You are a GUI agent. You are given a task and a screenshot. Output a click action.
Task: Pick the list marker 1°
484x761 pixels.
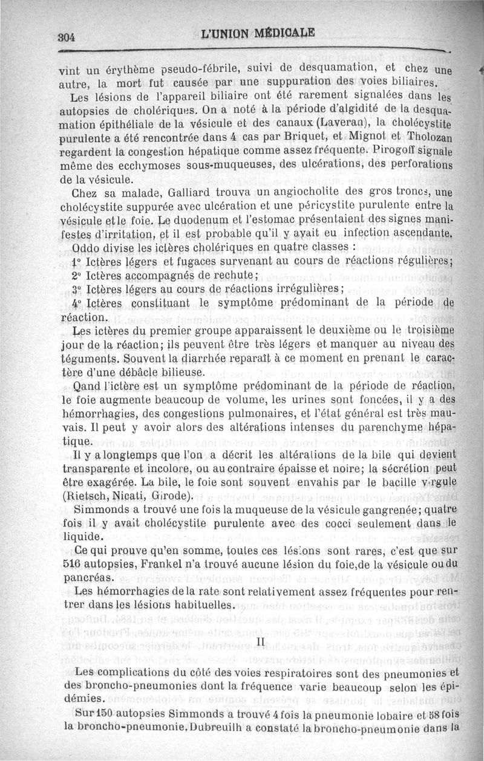point(77,262)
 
